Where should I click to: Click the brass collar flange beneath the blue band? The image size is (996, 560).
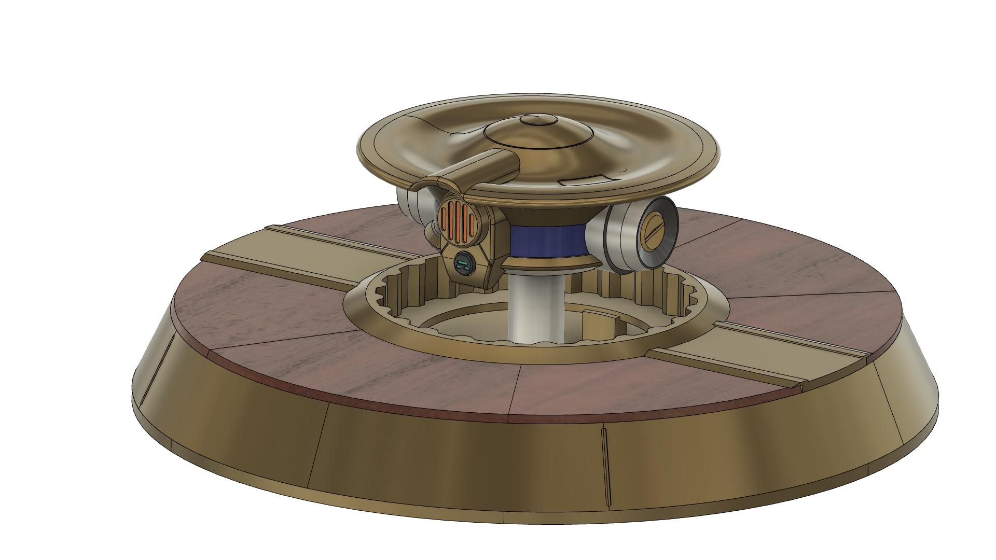[x=550, y=262]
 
